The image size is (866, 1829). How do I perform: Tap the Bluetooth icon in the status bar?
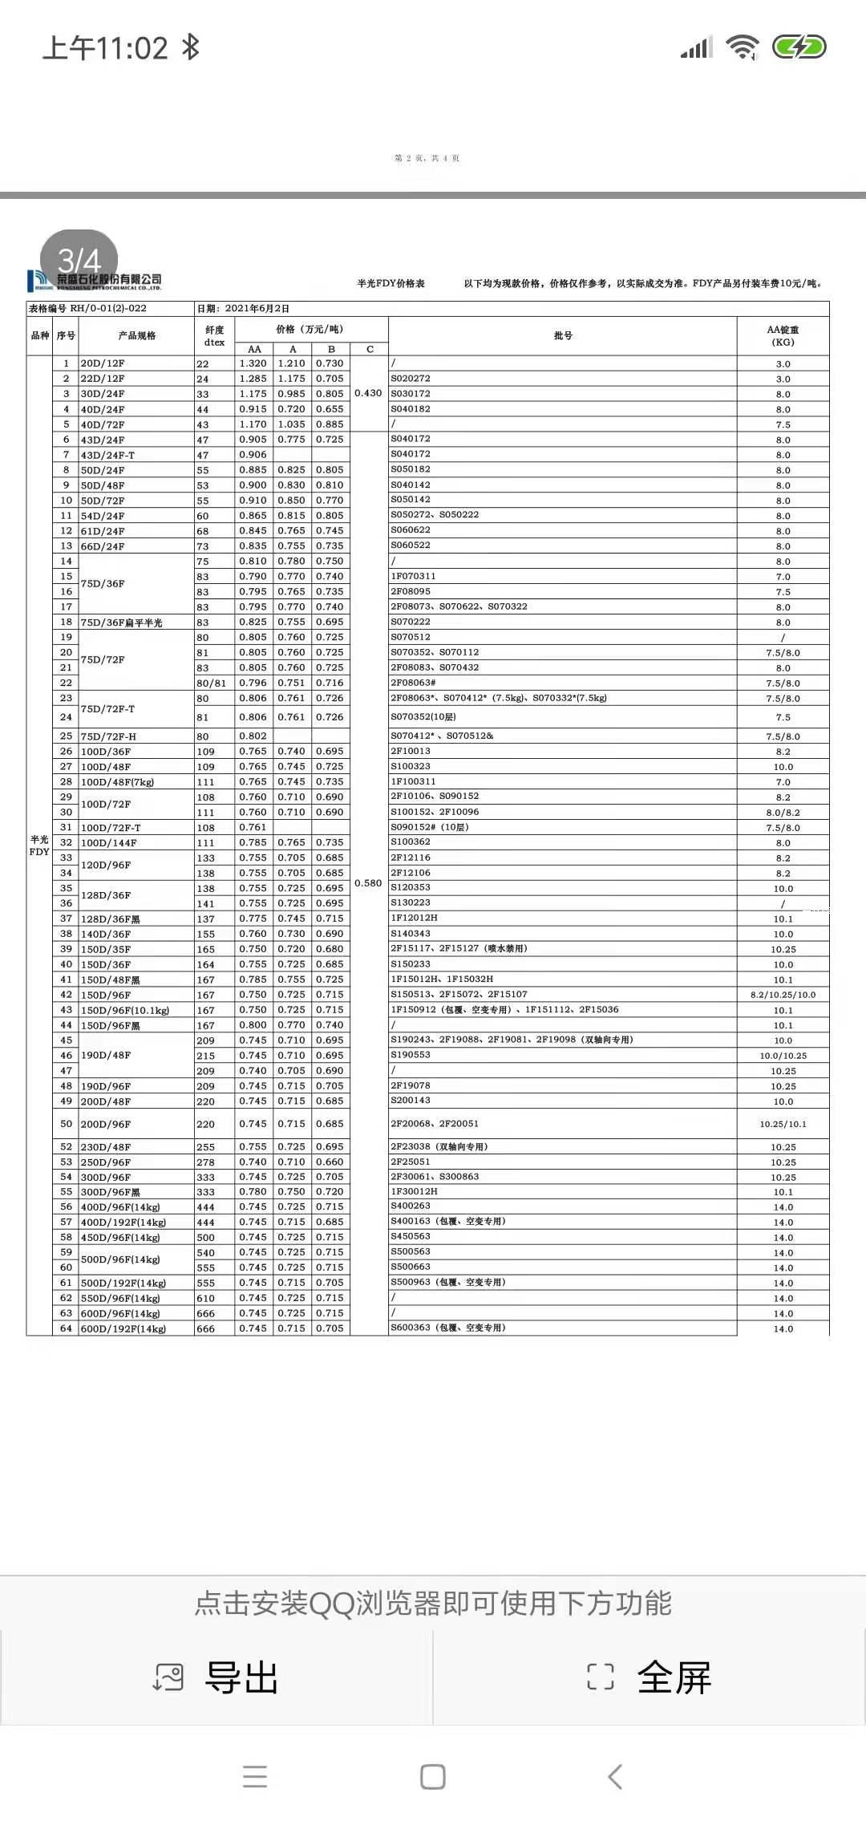(191, 47)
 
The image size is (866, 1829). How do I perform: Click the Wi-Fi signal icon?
(743, 47)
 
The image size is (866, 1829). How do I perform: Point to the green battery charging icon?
(799, 47)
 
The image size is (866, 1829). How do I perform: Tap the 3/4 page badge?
(79, 261)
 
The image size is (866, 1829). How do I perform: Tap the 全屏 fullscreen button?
(650, 1677)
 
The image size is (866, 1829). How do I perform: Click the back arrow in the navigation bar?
(615, 1777)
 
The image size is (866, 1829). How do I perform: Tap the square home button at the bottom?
(433, 1777)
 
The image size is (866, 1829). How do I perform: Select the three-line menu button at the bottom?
(254, 1777)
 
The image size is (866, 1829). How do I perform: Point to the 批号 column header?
(563, 335)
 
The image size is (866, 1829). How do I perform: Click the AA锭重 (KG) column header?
(783, 335)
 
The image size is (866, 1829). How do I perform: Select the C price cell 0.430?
(368, 393)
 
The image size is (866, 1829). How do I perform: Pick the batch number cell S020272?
(411, 379)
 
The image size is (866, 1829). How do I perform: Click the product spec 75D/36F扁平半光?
(121, 623)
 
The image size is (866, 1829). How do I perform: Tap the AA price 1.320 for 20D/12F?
(253, 363)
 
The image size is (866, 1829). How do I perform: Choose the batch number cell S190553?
(411, 1055)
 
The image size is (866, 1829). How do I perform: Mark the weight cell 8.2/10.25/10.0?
(783, 995)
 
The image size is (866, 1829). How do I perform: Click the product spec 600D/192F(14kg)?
(123, 1328)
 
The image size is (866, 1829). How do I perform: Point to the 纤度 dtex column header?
(214, 335)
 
